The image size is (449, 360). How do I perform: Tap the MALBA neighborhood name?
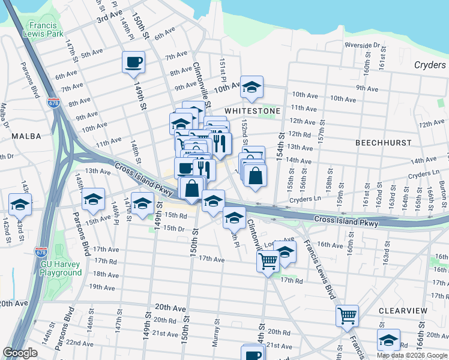pyautogui.click(x=26, y=137)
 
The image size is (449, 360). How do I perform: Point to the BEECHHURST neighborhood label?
pyautogui.click(x=383, y=143)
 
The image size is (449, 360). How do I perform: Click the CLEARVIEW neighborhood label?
pyautogui.click(x=403, y=311)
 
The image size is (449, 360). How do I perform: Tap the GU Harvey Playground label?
pyautogui.click(x=61, y=268)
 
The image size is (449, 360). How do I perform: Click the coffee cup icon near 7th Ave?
pyautogui.click(x=133, y=62)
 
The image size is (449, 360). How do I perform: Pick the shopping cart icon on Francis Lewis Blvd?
pyautogui.click(x=348, y=315)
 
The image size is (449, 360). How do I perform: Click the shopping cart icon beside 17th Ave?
pyautogui.click(x=268, y=260)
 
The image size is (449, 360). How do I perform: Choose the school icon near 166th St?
pyautogui.click(x=388, y=340)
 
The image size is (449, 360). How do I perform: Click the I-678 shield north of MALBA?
pyautogui.click(x=54, y=103)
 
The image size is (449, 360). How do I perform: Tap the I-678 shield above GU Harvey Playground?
pyautogui.click(x=41, y=251)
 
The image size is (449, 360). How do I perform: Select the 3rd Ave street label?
pyautogui.click(x=110, y=16)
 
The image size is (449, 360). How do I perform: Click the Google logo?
pyautogui.click(x=20, y=353)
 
